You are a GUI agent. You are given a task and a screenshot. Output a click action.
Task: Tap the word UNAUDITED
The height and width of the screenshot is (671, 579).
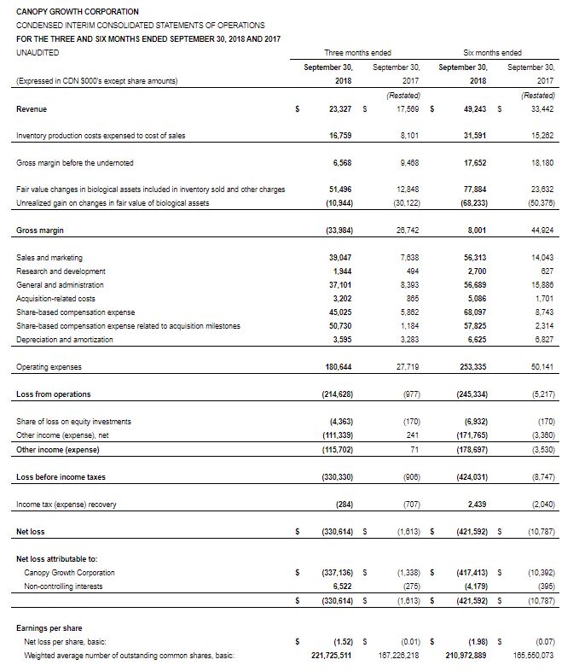pos(38,53)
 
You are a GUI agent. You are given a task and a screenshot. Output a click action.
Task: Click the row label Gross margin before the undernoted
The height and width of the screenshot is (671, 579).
pos(75,163)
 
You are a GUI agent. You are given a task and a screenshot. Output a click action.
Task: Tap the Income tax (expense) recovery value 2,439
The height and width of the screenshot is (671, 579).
pos(475,505)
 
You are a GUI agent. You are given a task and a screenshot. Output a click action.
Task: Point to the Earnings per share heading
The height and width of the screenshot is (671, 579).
pos(51,627)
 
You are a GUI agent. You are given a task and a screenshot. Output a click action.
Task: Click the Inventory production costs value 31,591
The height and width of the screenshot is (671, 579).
pos(473,136)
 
